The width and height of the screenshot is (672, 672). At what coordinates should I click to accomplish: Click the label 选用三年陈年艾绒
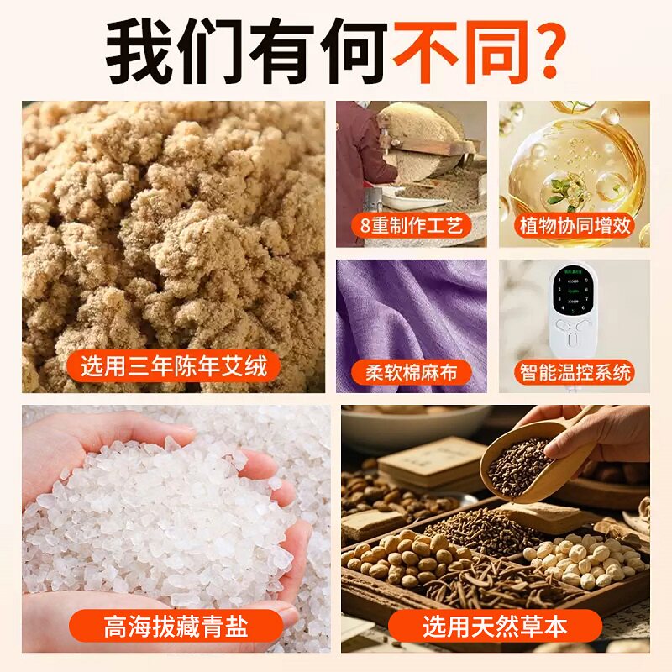point(173,365)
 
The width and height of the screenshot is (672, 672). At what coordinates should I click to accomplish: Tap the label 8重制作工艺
point(411,225)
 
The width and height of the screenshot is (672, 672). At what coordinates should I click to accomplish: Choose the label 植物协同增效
point(575,225)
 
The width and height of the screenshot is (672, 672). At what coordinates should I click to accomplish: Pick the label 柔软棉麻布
point(411,371)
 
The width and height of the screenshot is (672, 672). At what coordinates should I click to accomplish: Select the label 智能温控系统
point(575,371)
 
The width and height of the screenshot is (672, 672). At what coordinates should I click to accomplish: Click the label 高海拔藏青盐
point(180,626)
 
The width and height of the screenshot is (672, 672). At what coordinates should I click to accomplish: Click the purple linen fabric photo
point(411,311)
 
